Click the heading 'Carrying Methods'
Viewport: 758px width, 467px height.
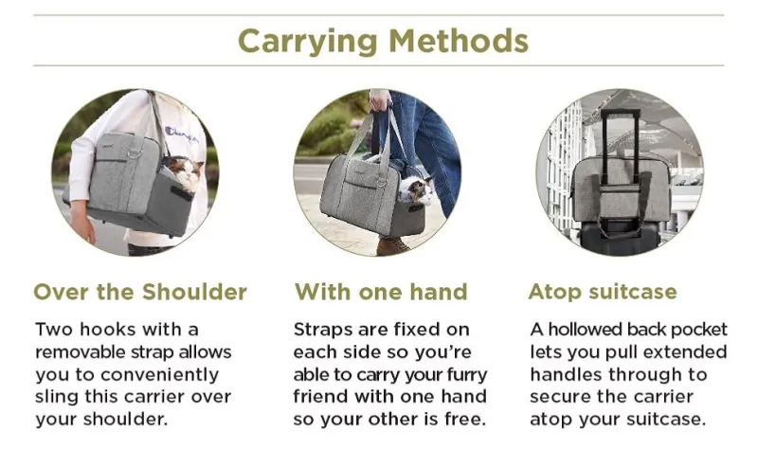(x=383, y=41)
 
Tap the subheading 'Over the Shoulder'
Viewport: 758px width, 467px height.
(x=140, y=292)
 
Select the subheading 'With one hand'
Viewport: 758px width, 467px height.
(x=382, y=292)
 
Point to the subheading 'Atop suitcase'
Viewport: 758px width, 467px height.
(x=603, y=292)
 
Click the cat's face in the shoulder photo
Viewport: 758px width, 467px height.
(x=185, y=172)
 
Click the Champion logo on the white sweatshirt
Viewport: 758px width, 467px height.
(x=181, y=135)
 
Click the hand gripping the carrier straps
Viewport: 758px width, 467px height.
(x=379, y=100)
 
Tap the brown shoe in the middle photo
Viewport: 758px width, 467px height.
(x=392, y=246)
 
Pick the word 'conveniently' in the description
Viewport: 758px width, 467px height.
(x=159, y=375)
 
